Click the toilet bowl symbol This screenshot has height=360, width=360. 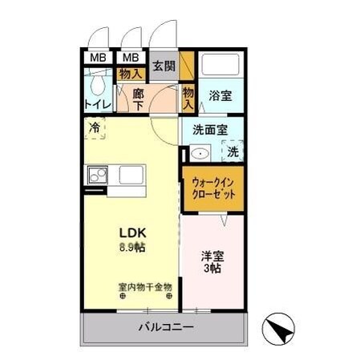click(x=99, y=84)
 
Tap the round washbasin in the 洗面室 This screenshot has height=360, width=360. click(x=200, y=154)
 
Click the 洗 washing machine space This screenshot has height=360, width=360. click(x=233, y=150)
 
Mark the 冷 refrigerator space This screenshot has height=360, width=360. click(x=95, y=128)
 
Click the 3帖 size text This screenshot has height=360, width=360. click(x=212, y=270)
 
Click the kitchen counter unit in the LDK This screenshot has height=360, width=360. click(x=116, y=175)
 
